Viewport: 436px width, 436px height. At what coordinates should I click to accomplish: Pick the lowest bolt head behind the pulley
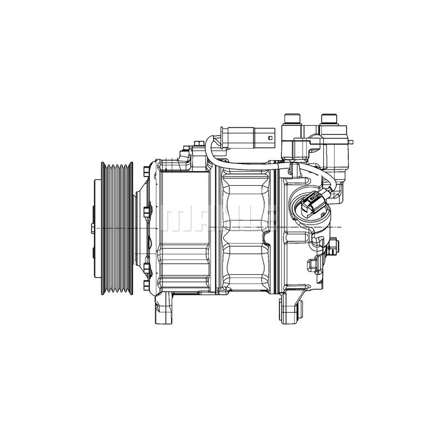click(x=147, y=284)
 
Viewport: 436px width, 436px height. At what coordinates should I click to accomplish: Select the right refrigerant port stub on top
click(x=329, y=119)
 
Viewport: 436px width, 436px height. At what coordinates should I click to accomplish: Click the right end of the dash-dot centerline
click(x=341, y=226)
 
